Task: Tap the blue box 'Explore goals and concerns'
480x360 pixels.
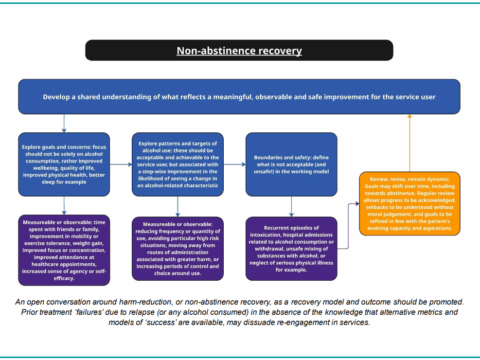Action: pos(65,163)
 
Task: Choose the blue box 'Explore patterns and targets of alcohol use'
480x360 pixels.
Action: pos(178,163)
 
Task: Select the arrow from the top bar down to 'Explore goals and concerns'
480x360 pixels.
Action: pos(65,122)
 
